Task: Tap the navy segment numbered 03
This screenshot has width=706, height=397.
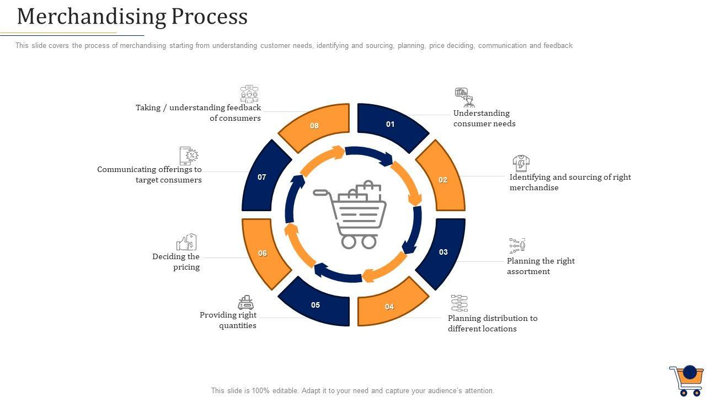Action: click(442, 253)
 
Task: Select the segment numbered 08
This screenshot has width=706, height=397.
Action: click(315, 126)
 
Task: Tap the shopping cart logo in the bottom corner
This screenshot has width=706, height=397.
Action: click(687, 380)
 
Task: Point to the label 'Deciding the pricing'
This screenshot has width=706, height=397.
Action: click(176, 262)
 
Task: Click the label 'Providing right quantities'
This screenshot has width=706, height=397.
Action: click(228, 320)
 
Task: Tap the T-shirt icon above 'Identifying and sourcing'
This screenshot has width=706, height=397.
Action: click(521, 164)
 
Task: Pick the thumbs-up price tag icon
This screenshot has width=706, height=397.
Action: click(186, 242)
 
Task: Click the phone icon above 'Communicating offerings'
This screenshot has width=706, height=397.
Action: click(189, 156)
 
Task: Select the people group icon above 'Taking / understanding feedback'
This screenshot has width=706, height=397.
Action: click(249, 94)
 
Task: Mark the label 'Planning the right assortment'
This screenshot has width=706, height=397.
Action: click(541, 266)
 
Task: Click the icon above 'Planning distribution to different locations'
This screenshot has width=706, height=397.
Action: click(459, 303)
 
